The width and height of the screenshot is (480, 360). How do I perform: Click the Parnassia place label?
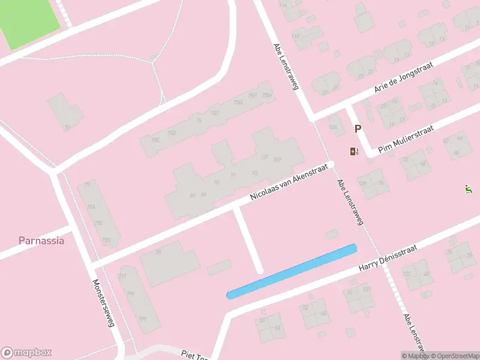click(41, 241)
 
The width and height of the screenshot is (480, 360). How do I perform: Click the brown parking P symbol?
click(358, 128)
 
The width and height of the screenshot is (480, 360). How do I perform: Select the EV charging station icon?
click(354, 151)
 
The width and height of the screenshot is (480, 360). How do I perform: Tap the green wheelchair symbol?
click(468, 189)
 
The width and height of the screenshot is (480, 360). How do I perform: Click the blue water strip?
click(292, 271)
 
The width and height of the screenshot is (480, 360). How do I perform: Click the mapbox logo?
click(26, 353)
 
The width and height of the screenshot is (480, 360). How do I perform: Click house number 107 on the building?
click(277, 160)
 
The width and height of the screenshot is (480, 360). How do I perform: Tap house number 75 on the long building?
click(198, 121)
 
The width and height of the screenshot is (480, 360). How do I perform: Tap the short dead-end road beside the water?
click(247, 240)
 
